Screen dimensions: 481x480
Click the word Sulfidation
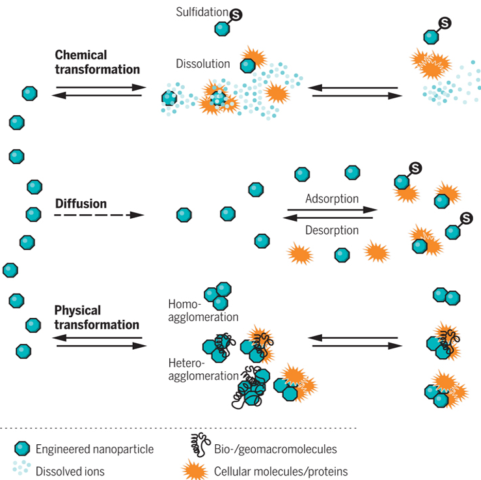202,12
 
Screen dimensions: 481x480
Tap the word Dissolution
203,64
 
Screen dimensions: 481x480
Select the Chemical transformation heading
97,63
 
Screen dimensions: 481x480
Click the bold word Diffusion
81,204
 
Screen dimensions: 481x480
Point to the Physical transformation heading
96,317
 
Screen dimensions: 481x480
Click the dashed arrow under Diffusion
99,215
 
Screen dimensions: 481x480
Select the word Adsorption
332,199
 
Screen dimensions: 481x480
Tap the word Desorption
332,230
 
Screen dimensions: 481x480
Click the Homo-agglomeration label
203,311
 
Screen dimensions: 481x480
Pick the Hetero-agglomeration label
203,369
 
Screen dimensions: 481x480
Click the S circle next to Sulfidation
236,15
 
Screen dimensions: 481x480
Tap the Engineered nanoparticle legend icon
22,449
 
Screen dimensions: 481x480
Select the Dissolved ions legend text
70,472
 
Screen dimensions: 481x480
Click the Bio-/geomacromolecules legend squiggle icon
200,444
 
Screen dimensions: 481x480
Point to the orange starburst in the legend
195,470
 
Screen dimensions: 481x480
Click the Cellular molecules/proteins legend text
281,472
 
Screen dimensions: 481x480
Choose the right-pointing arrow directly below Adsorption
332,210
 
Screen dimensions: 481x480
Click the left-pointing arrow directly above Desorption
327,218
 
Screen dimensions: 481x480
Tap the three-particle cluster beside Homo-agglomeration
218,296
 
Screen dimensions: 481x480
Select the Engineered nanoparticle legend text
94,449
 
